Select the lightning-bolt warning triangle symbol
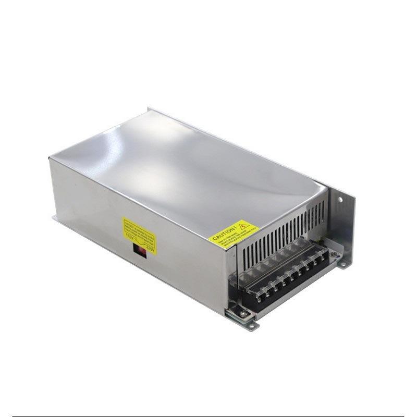coord(243,226)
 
